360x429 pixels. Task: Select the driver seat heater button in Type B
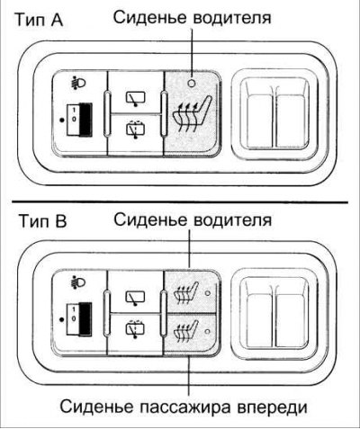coord(189,290)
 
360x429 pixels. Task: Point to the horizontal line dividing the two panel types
coord(180,201)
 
